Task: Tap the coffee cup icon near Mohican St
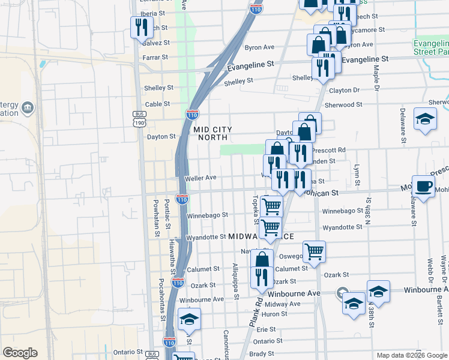[423, 186]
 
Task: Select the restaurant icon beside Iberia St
[141, 27]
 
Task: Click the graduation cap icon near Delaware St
[425, 119]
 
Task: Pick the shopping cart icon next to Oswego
[314, 251]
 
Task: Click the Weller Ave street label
[201, 178]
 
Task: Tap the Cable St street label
[158, 104]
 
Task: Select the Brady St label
[262, 354]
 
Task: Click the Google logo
[20, 353]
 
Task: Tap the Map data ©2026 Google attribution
[411, 355]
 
